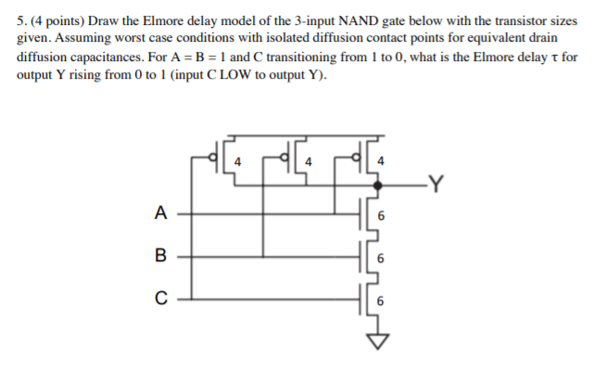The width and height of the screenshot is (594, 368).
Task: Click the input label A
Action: pyautogui.click(x=160, y=212)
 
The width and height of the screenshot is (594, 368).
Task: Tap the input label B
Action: pyautogui.click(x=160, y=254)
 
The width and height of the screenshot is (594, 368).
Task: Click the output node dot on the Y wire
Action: pyautogui.click(x=374, y=186)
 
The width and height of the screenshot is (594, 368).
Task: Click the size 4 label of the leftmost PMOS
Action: pyautogui.click(x=238, y=162)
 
